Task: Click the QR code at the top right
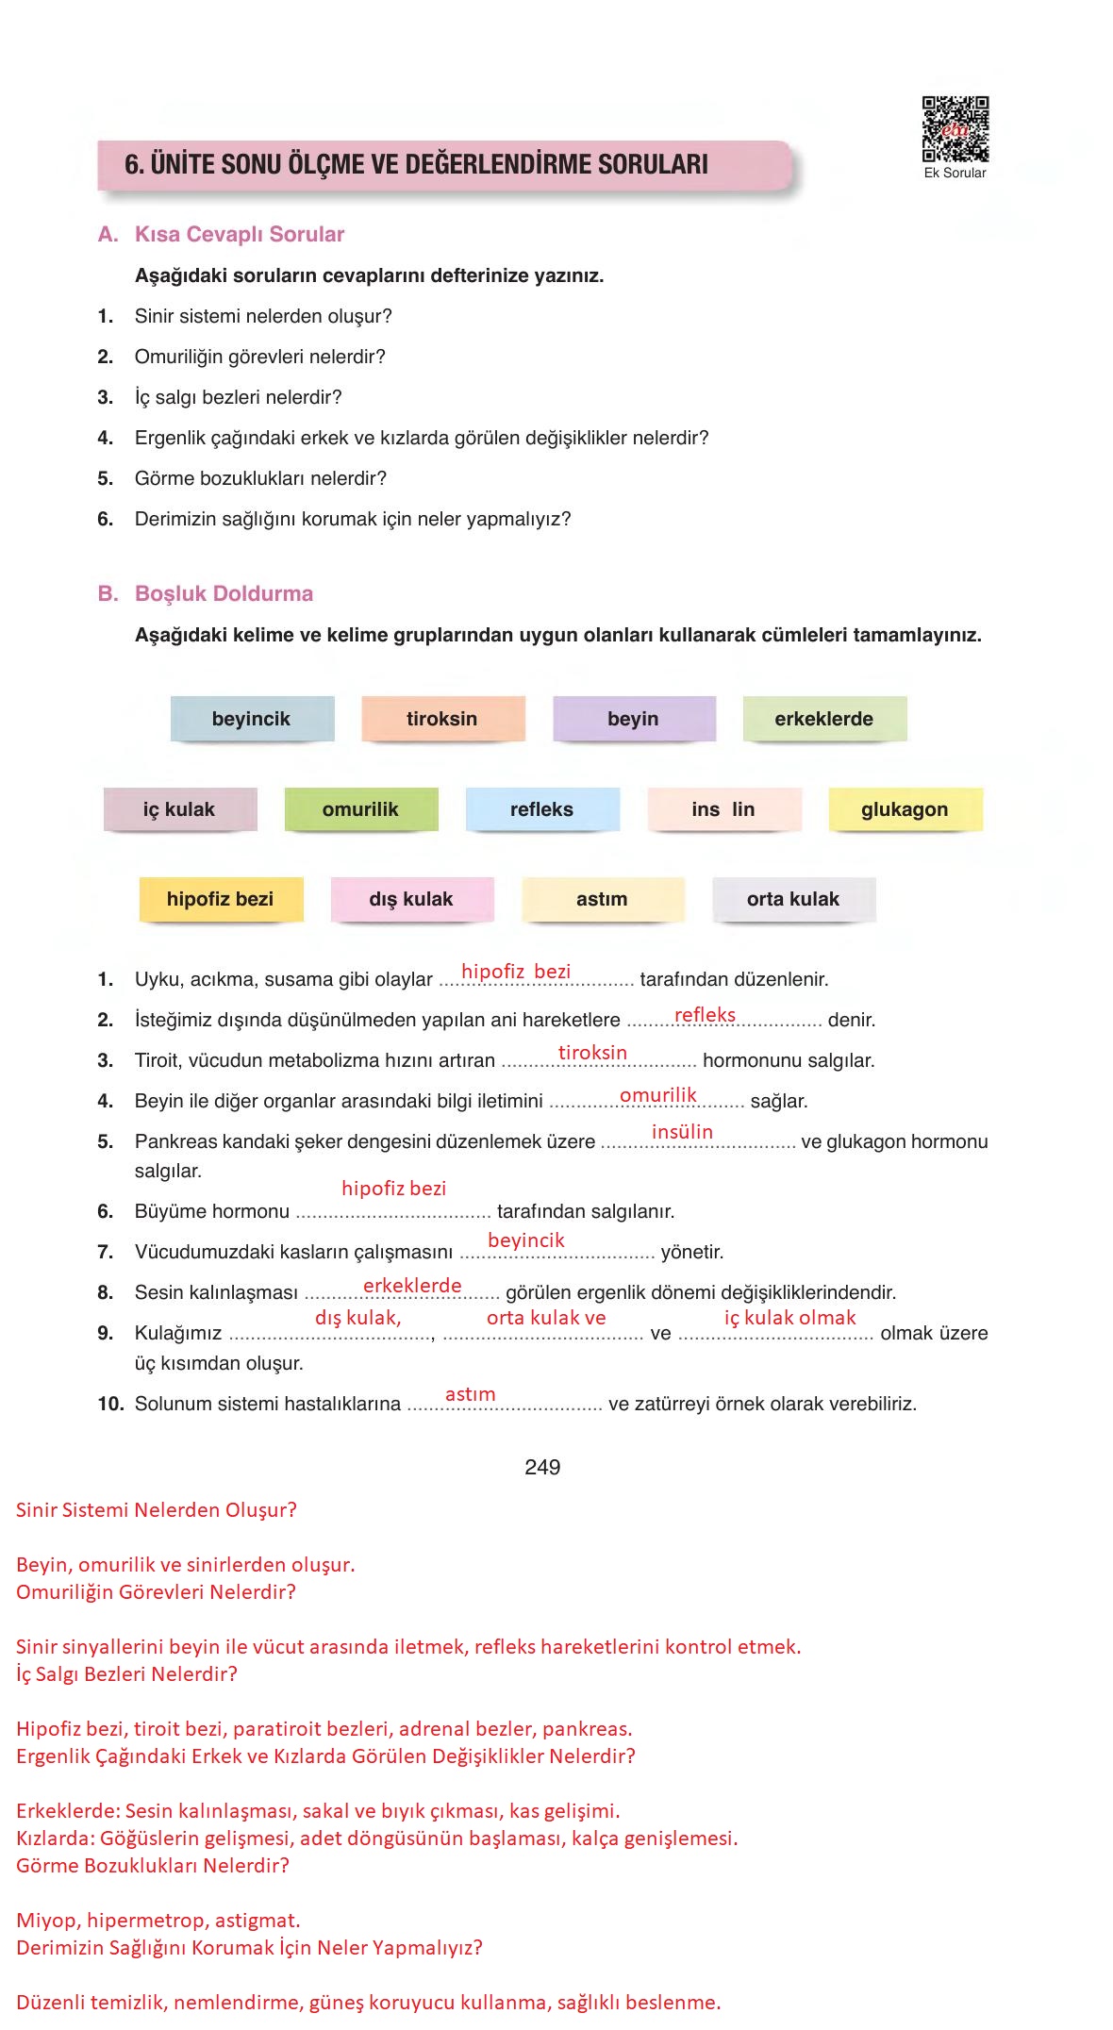point(955,129)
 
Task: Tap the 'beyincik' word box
point(252,719)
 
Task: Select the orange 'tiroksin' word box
point(442,719)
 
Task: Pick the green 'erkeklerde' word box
point(824,719)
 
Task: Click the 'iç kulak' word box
point(179,809)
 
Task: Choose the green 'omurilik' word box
point(360,809)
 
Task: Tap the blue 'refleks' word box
point(542,809)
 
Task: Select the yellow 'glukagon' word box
point(905,809)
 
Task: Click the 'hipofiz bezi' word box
point(221,899)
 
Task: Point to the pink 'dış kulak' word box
point(411,899)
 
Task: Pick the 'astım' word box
point(602,899)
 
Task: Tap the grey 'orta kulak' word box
point(793,899)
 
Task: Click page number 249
point(542,1467)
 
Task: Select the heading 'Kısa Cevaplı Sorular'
point(240,234)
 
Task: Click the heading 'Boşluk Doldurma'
point(224,593)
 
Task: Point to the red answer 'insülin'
point(682,1132)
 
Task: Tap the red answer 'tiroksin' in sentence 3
point(592,1053)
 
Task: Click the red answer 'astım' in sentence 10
point(470,1394)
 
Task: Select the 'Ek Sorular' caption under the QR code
point(955,174)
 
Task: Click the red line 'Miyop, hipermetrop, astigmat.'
point(158,1920)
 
